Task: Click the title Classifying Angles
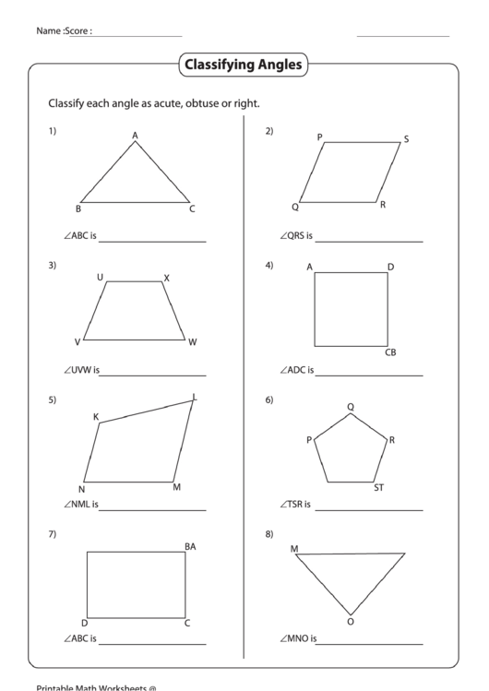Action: coord(244,66)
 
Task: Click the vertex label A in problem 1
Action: coord(135,136)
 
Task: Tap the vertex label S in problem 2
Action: coord(406,139)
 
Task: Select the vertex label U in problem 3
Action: coord(100,277)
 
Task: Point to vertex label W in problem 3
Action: coord(193,342)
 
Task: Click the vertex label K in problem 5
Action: coord(96,416)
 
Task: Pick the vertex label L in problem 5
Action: coord(195,398)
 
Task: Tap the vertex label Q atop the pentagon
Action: coord(351,406)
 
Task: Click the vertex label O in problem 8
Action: coord(350,621)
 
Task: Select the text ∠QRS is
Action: coord(296,236)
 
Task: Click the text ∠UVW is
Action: coord(81,371)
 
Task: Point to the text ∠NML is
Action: coord(81,505)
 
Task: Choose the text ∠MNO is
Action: coord(298,638)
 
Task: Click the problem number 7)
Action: coord(53,533)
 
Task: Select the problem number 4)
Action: coord(269,266)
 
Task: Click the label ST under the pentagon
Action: coord(378,488)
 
